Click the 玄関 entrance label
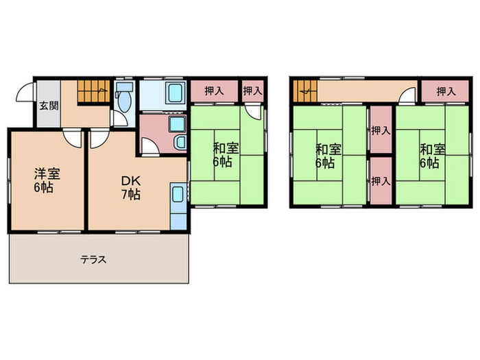point(49,106)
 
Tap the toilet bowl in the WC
point(124,101)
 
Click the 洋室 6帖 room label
point(47,180)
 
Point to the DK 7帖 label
point(131,188)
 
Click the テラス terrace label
point(93,260)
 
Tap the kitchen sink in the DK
point(178,194)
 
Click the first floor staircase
point(93,91)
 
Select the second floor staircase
point(305,91)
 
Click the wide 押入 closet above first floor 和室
point(214,91)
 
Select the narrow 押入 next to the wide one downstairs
point(252,91)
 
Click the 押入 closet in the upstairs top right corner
point(446,91)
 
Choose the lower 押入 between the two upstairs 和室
point(381,181)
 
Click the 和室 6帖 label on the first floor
point(226,155)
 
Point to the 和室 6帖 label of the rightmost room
point(432,156)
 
